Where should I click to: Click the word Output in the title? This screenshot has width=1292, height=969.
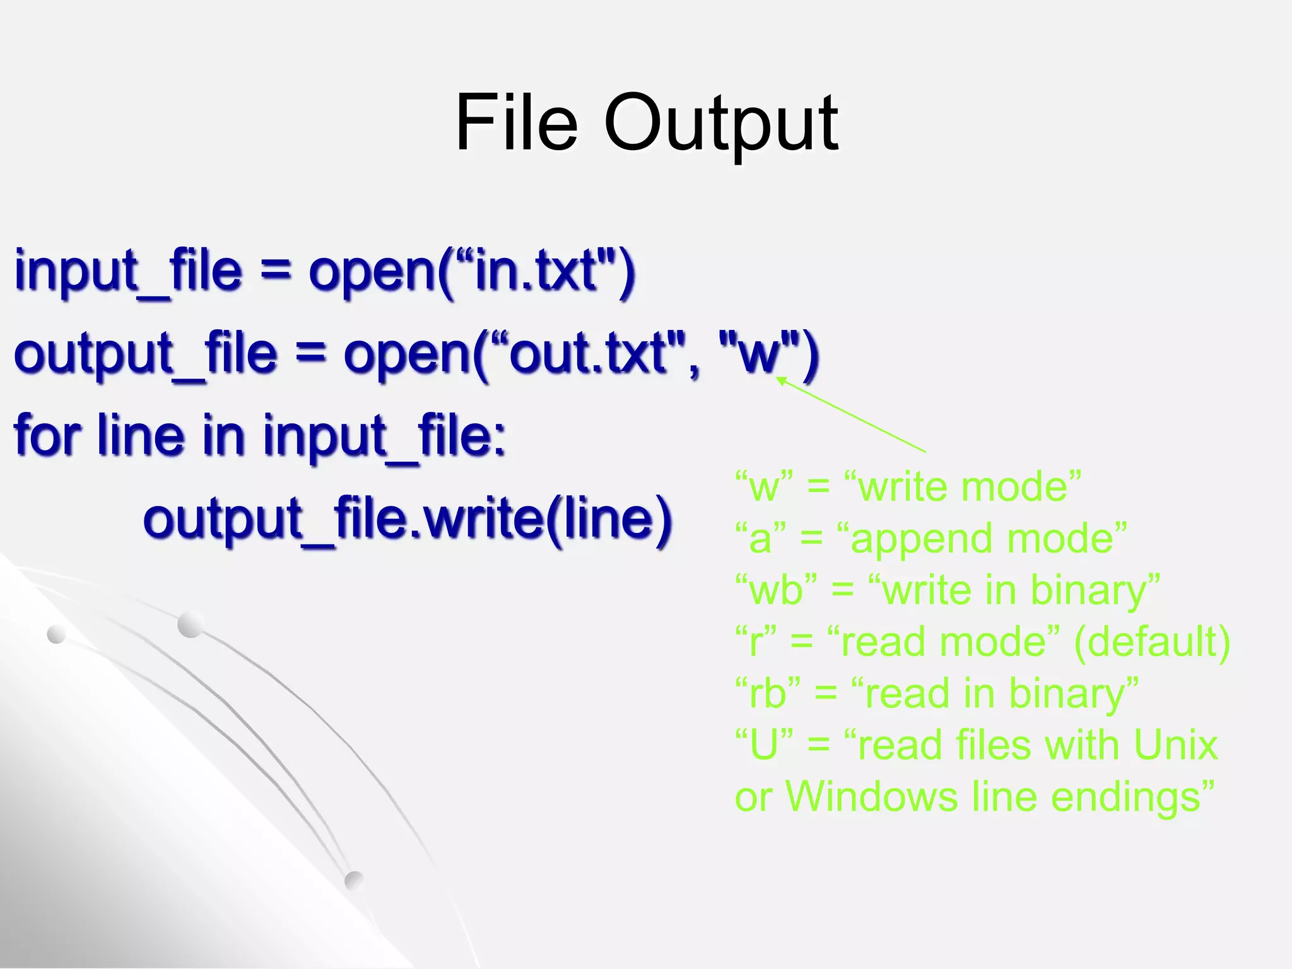720,123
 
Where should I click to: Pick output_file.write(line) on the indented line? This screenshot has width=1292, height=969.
407,519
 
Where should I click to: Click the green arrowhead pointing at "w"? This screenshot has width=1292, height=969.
780,380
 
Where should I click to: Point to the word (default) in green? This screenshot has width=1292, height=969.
1151,642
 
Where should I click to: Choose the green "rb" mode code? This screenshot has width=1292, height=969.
768,694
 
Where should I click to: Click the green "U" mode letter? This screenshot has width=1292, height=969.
764,745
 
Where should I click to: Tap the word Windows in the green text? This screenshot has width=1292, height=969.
871,797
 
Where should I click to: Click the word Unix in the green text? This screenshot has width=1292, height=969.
1175,745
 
